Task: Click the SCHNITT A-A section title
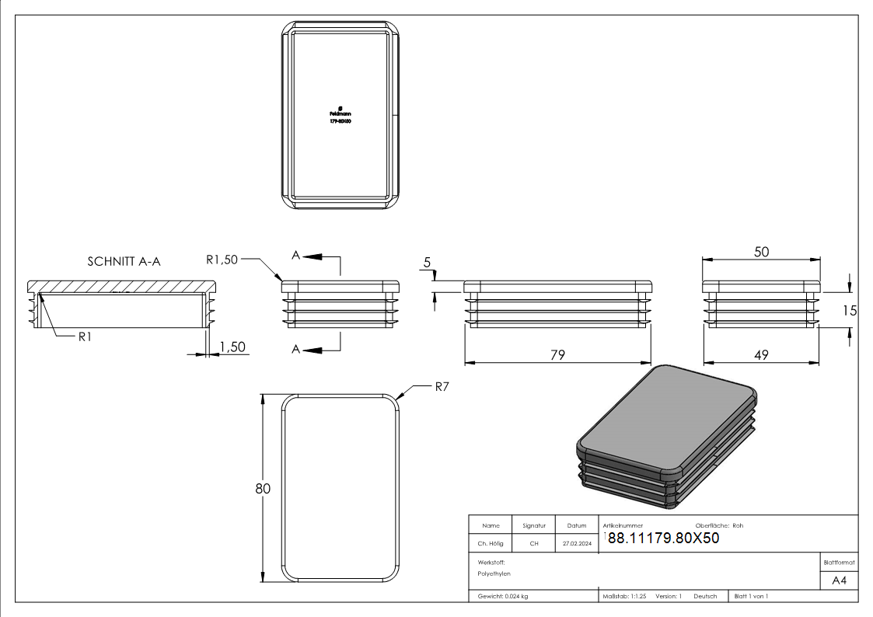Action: [x=124, y=262]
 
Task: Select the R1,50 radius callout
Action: [x=222, y=260]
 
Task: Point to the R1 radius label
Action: [x=86, y=336]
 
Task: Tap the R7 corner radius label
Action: [x=442, y=386]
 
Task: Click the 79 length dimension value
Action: [x=557, y=354]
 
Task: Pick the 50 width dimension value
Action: [x=762, y=252]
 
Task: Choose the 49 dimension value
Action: [x=761, y=354]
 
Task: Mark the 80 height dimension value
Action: [x=263, y=489]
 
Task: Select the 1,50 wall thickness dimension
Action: [x=233, y=347]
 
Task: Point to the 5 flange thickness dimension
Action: [x=427, y=263]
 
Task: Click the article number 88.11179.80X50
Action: [x=663, y=538]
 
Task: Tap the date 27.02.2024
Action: [x=577, y=544]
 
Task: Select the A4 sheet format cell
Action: [x=839, y=580]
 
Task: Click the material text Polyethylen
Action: [x=494, y=573]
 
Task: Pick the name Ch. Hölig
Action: [x=490, y=544]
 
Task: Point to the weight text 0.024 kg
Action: [x=503, y=596]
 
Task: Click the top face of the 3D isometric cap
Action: [x=667, y=422]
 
